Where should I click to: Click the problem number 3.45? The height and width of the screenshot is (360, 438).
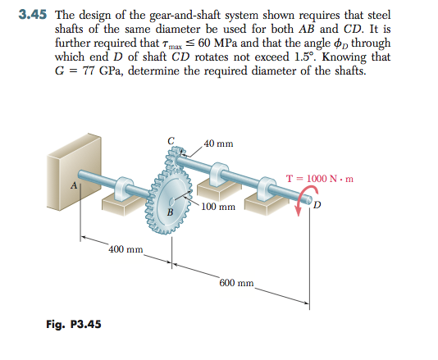34,16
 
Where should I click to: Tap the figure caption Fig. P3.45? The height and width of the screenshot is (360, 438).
73,323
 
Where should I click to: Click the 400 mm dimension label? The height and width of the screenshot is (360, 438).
126,248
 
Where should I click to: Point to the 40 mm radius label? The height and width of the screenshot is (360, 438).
218,144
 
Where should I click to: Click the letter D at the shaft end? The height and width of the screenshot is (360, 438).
316,203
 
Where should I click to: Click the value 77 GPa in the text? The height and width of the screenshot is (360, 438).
100,69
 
